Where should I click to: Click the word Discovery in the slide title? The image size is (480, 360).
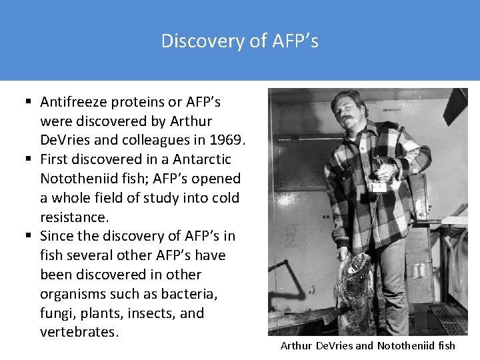coord(193,41)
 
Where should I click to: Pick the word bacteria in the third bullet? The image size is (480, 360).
coord(203,294)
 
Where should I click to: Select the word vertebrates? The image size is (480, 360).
coord(79,333)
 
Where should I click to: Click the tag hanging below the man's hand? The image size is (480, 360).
coord(378,187)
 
